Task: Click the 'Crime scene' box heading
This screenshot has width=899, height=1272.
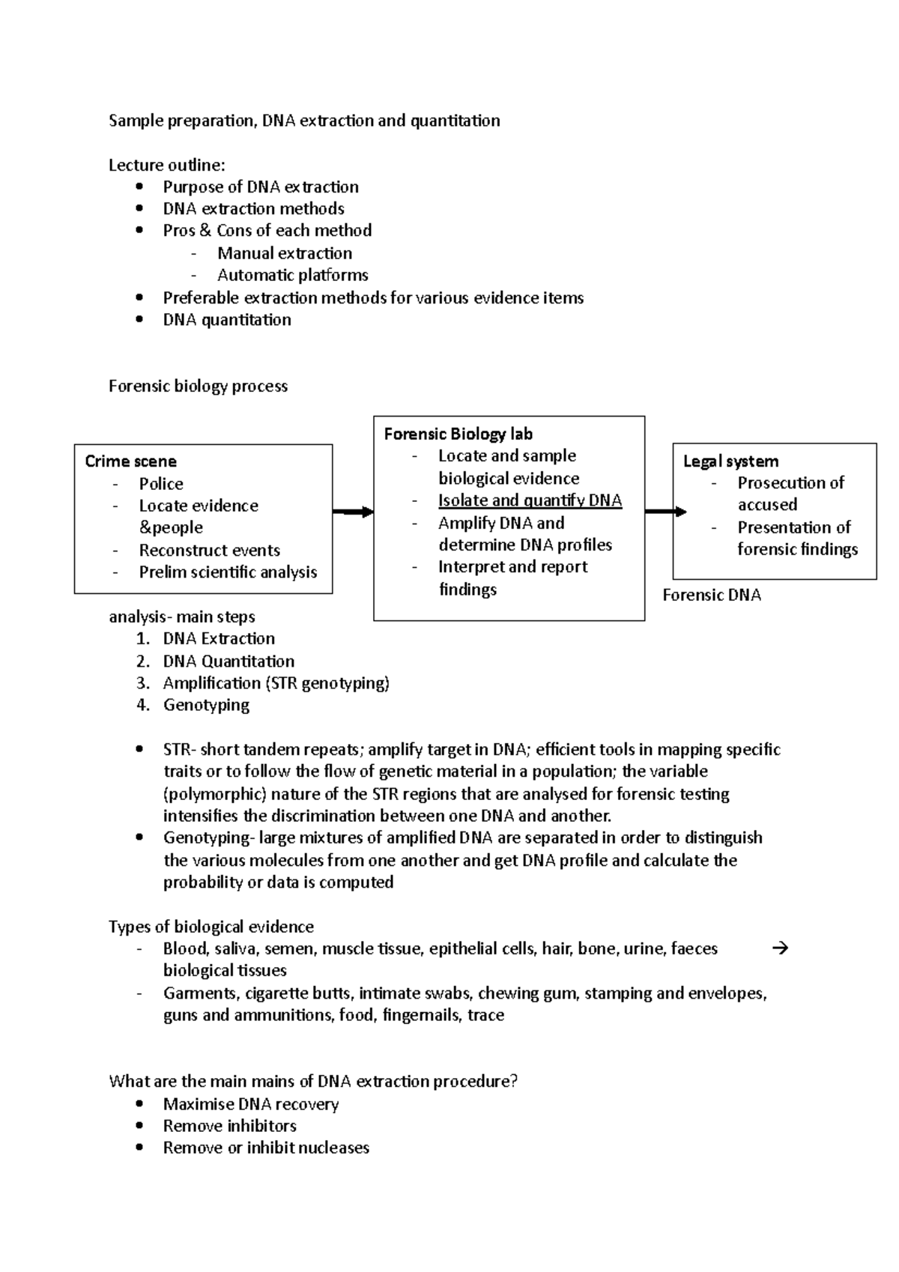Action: pos(130,461)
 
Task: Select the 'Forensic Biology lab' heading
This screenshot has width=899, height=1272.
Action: pos(458,434)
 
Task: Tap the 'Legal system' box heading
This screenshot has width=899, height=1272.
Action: pos(730,461)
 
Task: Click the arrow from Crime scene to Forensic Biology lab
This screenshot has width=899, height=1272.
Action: pos(353,512)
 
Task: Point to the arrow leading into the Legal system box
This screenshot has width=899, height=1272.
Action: pos(665,512)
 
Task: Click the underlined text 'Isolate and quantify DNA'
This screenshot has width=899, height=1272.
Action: pos(530,500)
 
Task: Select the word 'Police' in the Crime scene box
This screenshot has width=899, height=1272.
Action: pos(161,484)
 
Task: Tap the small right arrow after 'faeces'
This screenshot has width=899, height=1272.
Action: pos(780,948)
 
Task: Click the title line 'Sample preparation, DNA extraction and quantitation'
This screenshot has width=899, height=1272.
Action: pos(304,121)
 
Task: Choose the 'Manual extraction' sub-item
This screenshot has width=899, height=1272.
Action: pos(285,253)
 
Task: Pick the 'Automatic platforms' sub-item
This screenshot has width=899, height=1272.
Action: pos(292,275)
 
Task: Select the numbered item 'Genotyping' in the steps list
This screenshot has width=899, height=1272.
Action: pos(206,705)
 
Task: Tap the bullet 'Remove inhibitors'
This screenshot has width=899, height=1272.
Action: pos(229,1126)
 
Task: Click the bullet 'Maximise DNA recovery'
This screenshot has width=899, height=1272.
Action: pos(250,1104)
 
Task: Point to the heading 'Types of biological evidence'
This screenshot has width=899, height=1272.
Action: pos(211,927)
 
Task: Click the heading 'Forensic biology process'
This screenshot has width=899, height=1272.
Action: pos(198,387)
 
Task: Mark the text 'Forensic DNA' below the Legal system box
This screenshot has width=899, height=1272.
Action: pos(712,596)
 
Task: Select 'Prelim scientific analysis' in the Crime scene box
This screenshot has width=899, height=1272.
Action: pos(228,572)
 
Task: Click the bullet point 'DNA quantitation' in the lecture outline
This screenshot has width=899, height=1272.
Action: pos(226,320)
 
